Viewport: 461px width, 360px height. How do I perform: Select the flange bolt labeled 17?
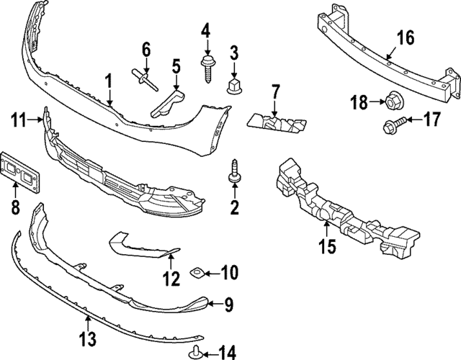point(390,127)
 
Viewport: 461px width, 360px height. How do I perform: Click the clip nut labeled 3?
point(234,86)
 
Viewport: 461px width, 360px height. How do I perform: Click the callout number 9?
point(228,305)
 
